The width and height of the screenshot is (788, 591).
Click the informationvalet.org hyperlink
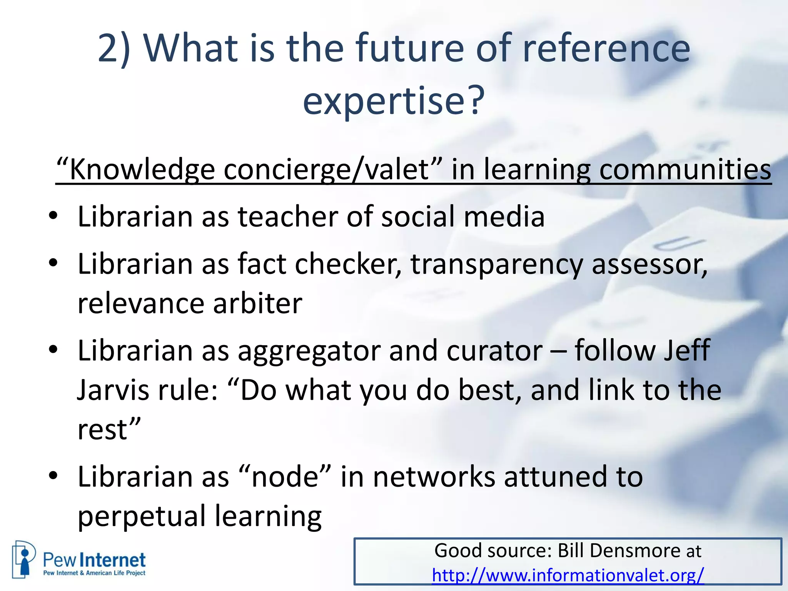568,575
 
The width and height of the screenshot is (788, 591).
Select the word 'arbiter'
257,303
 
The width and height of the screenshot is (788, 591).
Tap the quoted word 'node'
284,477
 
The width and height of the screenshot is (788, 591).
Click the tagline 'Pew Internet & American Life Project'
94,573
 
